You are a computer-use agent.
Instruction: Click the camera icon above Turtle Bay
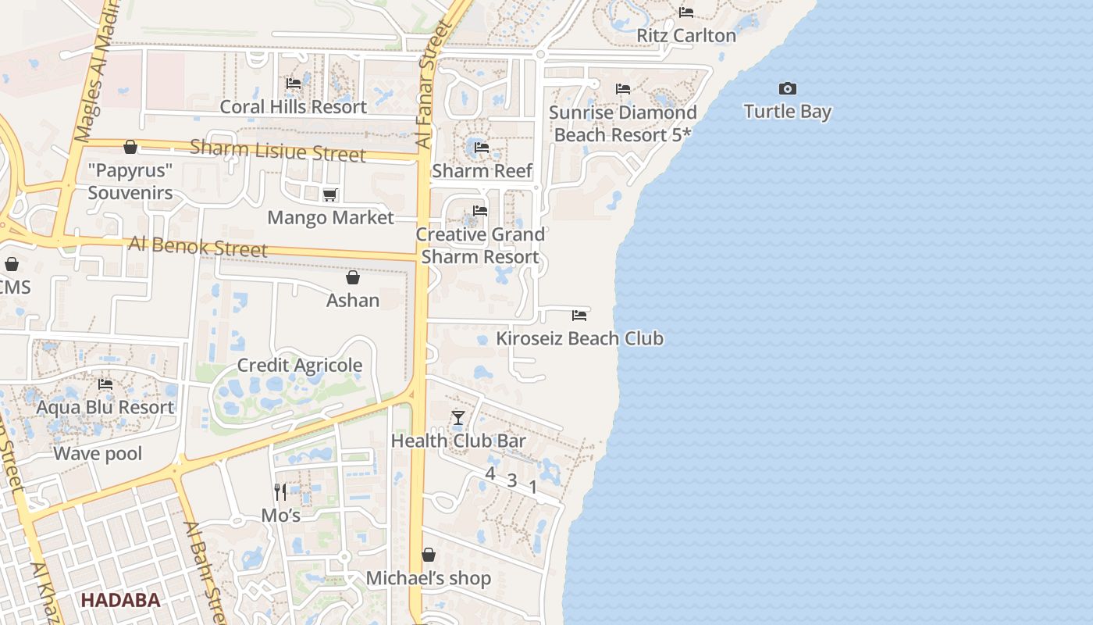coord(788,88)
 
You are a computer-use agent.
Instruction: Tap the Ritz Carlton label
coord(686,35)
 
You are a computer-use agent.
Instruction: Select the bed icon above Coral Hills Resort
coord(294,83)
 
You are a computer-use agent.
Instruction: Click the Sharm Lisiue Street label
coord(277,150)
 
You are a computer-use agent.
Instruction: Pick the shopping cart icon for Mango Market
coord(329,195)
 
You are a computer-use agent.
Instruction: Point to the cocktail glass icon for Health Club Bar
coord(458,418)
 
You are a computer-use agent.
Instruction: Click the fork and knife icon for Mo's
coord(280,492)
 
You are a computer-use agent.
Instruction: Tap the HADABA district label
coord(121,600)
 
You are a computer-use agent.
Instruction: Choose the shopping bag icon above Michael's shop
coord(429,555)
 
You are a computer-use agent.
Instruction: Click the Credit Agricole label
coord(300,365)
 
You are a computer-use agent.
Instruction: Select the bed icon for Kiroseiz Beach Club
coord(579,316)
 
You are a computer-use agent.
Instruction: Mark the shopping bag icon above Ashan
coord(353,277)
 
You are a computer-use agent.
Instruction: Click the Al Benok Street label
coord(198,247)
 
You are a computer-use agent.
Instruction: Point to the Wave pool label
coord(98,453)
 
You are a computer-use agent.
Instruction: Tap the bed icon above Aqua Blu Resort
coord(105,384)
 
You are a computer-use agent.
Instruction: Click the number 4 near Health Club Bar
coord(490,473)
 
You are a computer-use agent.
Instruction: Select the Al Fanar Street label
coord(435,86)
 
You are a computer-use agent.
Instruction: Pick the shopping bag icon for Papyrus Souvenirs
coord(130,147)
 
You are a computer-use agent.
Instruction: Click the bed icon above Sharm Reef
coord(482,147)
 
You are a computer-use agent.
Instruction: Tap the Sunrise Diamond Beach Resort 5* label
coord(623,123)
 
